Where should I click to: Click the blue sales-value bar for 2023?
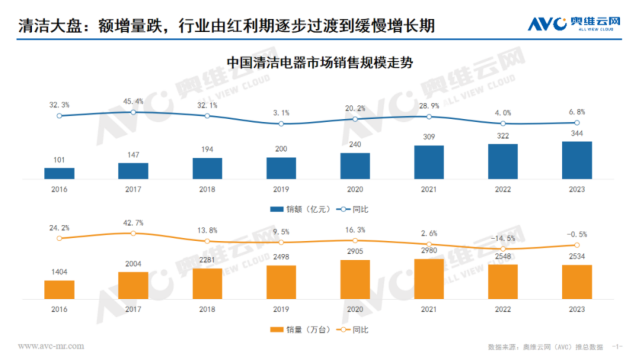[x=577, y=160]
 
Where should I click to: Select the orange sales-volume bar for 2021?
[x=429, y=279]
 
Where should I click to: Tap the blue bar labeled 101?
[x=59, y=173]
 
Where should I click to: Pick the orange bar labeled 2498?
[x=281, y=282]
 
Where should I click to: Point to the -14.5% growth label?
[x=503, y=238]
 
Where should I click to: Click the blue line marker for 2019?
[x=281, y=124]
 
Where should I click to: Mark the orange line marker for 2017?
[x=133, y=233]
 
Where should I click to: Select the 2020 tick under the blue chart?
[x=355, y=189]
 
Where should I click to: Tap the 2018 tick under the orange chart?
[x=207, y=310]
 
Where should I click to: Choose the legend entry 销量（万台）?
[x=293, y=329]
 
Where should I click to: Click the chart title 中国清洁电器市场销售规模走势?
[x=319, y=63]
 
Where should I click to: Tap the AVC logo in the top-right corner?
[x=574, y=24]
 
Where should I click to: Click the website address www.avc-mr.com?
[x=51, y=346]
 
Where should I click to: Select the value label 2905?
[x=355, y=252]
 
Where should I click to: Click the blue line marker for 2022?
[x=503, y=123]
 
